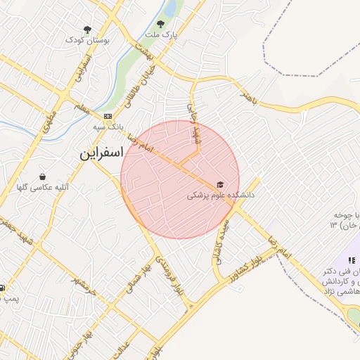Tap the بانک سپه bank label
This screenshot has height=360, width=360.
108,128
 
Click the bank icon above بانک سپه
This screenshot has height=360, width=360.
107,116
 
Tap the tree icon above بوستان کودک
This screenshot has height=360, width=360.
86,30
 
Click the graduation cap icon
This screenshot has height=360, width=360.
221,183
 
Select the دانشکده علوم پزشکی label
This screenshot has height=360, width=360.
221,194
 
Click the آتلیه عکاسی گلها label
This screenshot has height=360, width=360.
42,188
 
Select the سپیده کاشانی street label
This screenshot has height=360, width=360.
220,243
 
